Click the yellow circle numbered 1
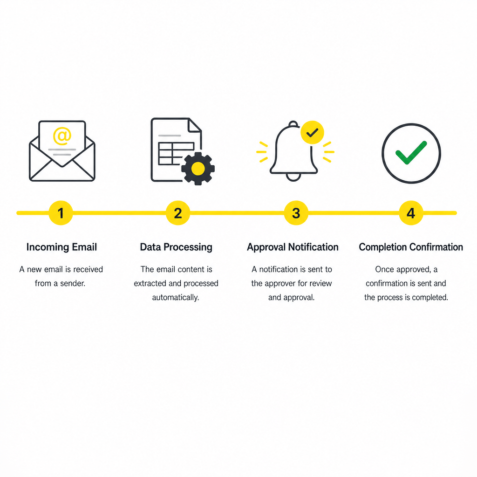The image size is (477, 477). click(61, 213)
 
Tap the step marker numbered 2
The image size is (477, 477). click(178, 213)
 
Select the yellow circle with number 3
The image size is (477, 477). click(296, 213)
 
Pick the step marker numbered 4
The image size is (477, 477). click(411, 213)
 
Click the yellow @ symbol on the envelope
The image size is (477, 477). click(62, 136)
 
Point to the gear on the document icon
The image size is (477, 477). click(198, 169)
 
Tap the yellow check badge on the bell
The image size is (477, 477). click(312, 132)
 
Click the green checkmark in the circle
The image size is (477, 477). click(411, 152)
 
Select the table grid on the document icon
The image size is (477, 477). click(176, 154)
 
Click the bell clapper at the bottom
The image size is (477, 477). click(293, 177)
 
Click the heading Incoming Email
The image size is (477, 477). click(62, 247)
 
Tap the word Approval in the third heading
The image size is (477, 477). click(266, 247)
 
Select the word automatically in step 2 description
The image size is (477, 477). click(176, 298)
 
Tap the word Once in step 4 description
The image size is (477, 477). click(384, 269)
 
